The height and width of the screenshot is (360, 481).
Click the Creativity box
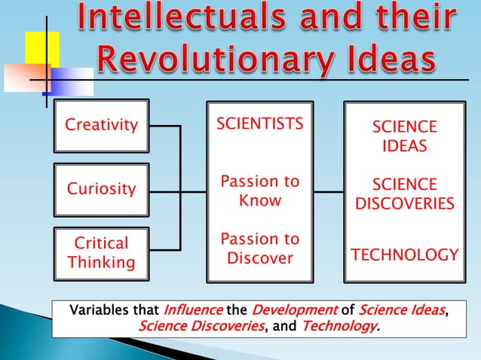click(102, 125)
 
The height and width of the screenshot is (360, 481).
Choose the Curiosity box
click(102, 188)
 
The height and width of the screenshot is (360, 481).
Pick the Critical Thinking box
click(102, 253)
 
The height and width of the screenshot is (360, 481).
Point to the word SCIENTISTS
click(260, 124)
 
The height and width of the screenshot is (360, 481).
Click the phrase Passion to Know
click(260, 191)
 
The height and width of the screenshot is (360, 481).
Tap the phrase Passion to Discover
click(260, 249)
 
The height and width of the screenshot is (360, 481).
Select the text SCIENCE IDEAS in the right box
click(404, 136)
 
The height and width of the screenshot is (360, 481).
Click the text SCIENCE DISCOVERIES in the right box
click(404, 194)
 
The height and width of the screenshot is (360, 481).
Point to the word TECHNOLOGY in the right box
click(404, 255)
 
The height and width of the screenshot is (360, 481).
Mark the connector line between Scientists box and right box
click(328, 192)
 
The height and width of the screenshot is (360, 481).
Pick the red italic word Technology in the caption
click(339, 326)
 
